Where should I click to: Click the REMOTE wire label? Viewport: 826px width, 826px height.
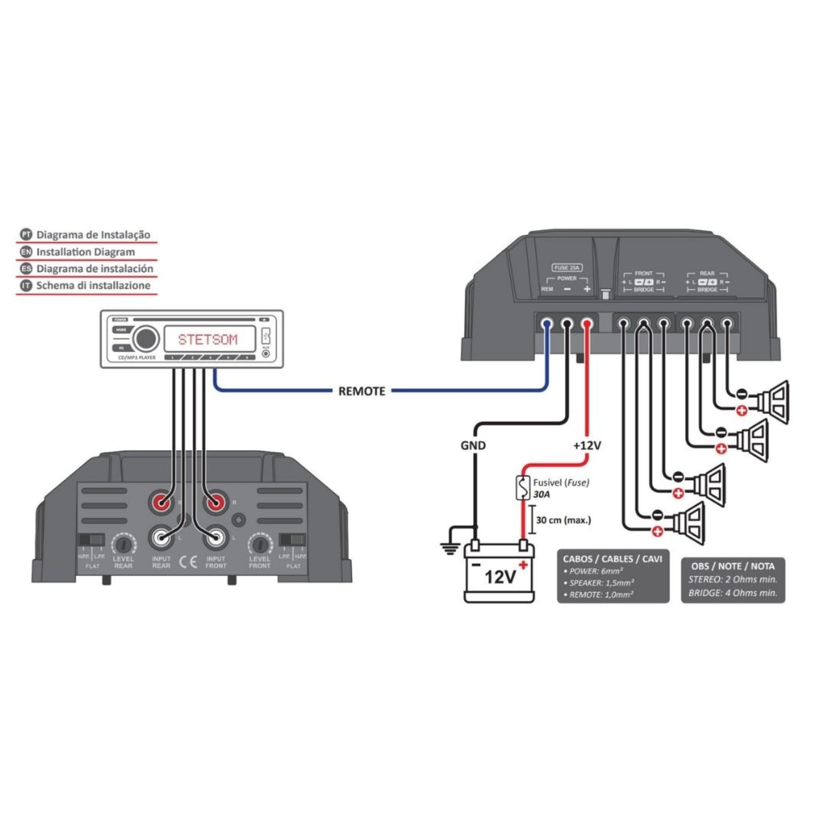tap(361, 392)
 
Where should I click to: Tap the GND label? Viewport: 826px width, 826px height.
tap(473, 445)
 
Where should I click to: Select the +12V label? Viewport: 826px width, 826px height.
tap(587, 445)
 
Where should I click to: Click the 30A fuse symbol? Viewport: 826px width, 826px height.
tap(522, 488)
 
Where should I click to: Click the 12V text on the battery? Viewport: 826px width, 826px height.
tap(500, 577)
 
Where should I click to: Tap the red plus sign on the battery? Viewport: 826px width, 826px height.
tap(522, 565)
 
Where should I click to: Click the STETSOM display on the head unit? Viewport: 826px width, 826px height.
tap(208, 340)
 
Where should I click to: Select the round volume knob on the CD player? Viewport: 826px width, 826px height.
tap(146, 339)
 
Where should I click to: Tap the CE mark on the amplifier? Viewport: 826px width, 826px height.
tap(188, 561)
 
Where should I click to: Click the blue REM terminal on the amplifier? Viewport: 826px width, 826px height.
tap(547, 325)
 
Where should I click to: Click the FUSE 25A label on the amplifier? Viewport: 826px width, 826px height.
tap(567, 268)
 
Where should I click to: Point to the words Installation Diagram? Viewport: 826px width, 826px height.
tap(86, 252)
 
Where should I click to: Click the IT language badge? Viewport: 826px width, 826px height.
tap(26, 286)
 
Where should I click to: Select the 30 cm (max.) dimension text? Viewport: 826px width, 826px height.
tap(563, 520)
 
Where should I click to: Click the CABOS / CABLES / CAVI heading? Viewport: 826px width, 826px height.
tap(612, 558)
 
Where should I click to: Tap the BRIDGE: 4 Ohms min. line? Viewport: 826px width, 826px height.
tap(733, 593)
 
